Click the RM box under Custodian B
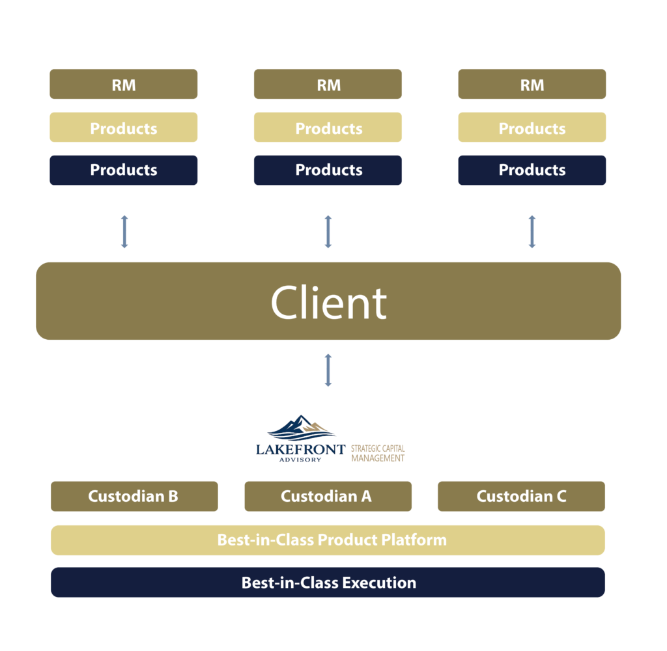123,85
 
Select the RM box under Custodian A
328,85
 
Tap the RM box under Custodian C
532,85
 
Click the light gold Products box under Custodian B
123,128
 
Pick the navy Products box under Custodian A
328,170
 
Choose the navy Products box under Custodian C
532,170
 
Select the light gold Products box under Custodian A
328,128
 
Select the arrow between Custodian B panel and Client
124,232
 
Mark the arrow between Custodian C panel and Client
532,232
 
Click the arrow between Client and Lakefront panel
328,370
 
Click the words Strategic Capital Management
378,453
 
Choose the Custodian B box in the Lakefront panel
134,496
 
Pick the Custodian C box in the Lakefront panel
521,496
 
